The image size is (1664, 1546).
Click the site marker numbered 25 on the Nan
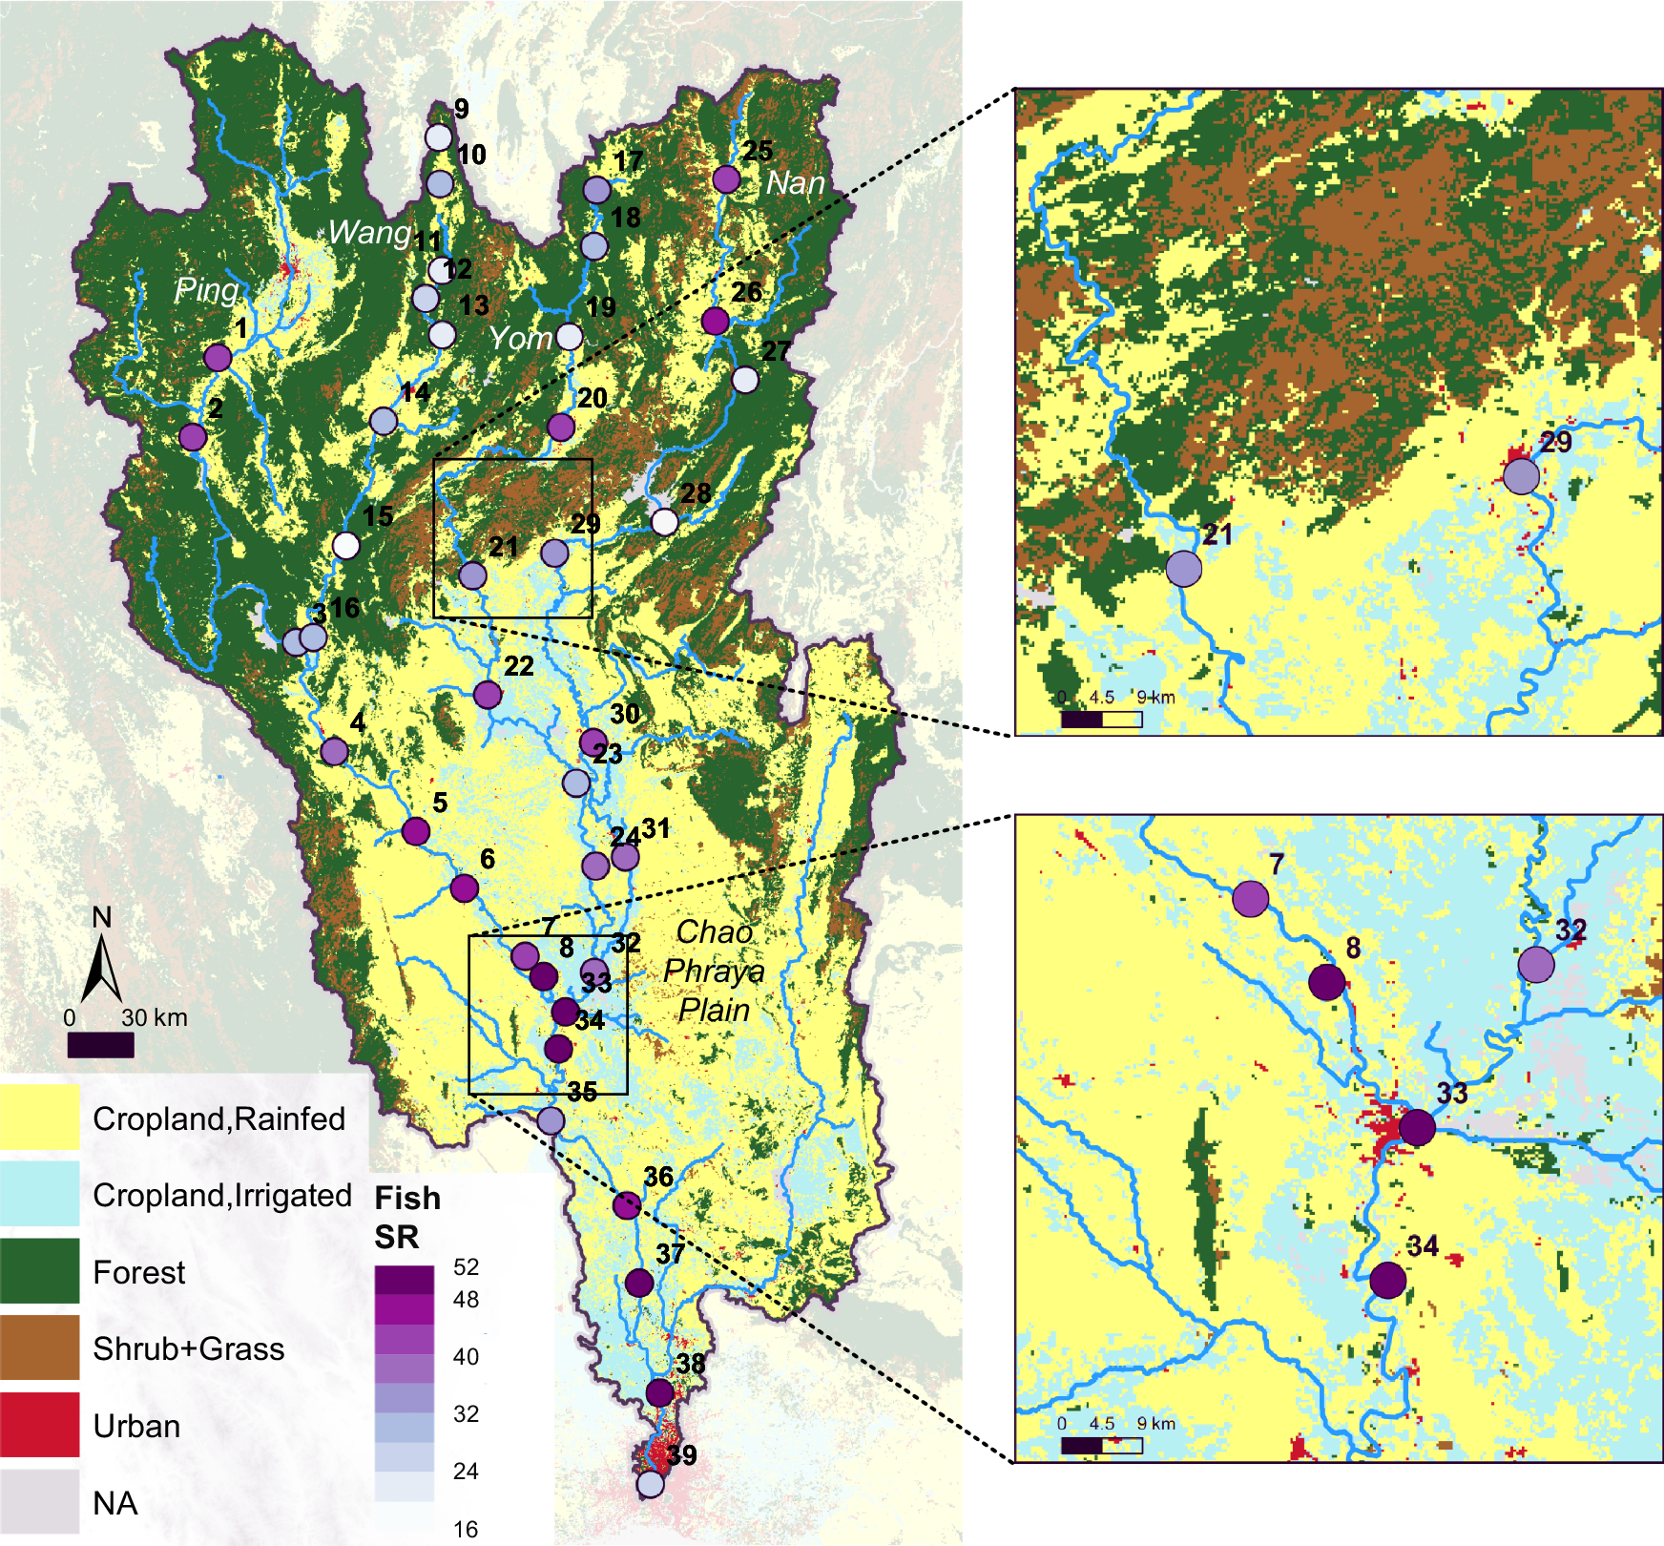(x=726, y=178)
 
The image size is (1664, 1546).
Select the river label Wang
(x=369, y=232)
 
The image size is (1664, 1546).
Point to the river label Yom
(x=521, y=338)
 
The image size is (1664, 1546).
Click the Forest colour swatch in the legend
(x=39, y=1271)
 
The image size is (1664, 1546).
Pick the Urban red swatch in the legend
(x=39, y=1425)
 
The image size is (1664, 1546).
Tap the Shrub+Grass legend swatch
(x=39, y=1348)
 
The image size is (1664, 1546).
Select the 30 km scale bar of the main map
(x=100, y=1046)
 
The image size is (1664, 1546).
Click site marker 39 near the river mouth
(x=650, y=1484)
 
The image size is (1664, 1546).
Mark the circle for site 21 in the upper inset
(x=1184, y=569)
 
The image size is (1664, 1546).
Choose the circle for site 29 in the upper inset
(x=1521, y=475)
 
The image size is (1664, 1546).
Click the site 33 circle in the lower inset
(x=1417, y=1127)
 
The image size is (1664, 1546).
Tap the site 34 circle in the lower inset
(x=1387, y=1280)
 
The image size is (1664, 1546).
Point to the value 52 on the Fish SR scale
(x=466, y=1267)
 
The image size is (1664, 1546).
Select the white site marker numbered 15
(x=346, y=546)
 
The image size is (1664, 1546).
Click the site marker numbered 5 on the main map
(x=415, y=831)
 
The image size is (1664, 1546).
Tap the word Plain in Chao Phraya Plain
(x=714, y=1010)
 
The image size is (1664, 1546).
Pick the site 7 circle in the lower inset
(x=1250, y=898)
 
